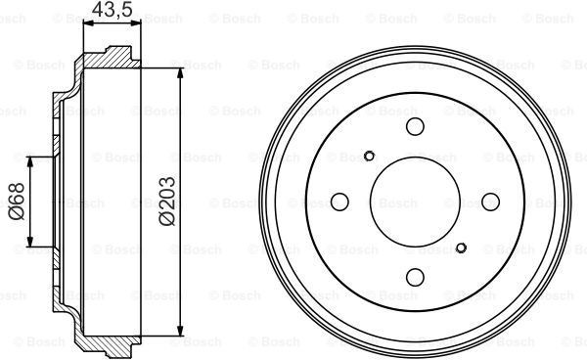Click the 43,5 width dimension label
click(x=112, y=9)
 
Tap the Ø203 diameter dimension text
click(x=167, y=201)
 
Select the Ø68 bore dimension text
click(x=17, y=201)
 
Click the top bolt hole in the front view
click(x=415, y=126)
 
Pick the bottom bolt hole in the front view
click(x=415, y=277)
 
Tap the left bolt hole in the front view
click(x=339, y=202)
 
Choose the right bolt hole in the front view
click(x=490, y=202)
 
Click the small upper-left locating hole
click(x=369, y=156)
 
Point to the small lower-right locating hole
click(x=461, y=247)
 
